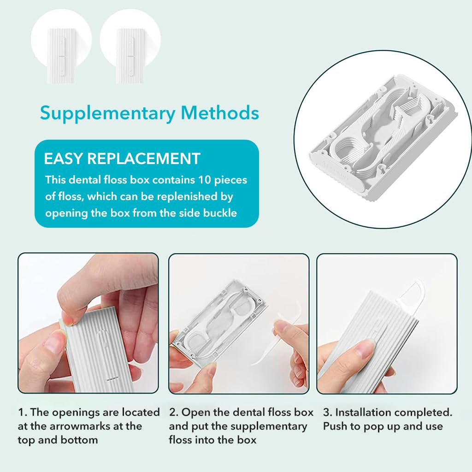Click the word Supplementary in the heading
(x=106, y=113)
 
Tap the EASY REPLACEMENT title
(x=122, y=159)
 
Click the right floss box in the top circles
(x=130, y=56)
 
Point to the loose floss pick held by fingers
(x=277, y=339)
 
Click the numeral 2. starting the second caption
(x=173, y=412)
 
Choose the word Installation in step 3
(x=362, y=412)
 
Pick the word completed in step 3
(x=424, y=412)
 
